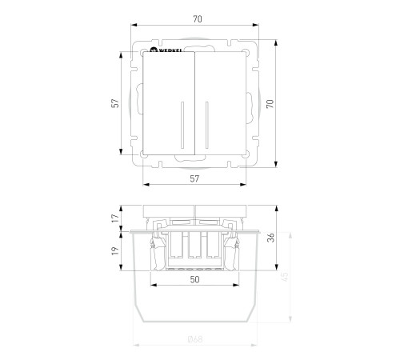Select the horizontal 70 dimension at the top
[x=198, y=19]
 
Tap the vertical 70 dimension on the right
[x=270, y=103]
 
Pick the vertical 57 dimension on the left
[x=115, y=103]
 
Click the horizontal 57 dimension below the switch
[x=194, y=178]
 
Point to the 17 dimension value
[x=115, y=218]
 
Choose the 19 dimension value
[x=115, y=250]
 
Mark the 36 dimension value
[x=271, y=238]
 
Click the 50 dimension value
[x=194, y=279]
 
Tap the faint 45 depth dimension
[x=285, y=277]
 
